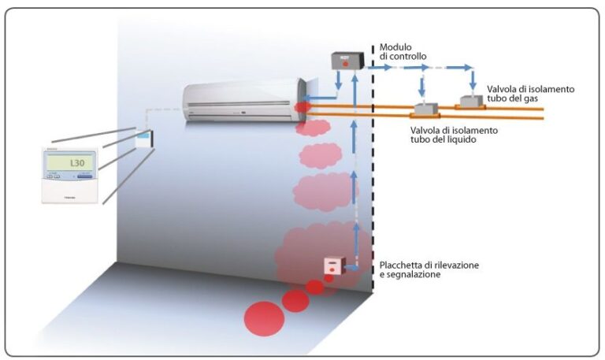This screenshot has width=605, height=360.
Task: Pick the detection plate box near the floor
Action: (x=334, y=266)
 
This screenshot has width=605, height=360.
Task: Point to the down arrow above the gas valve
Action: (x=473, y=82)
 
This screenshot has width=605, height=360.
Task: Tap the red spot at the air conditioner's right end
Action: (x=302, y=106)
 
